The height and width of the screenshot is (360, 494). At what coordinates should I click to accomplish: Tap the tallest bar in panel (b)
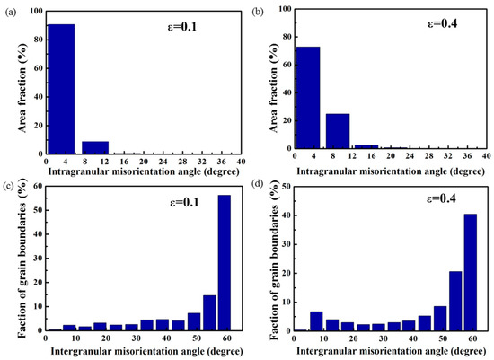pyautogui.click(x=308, y=98)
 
